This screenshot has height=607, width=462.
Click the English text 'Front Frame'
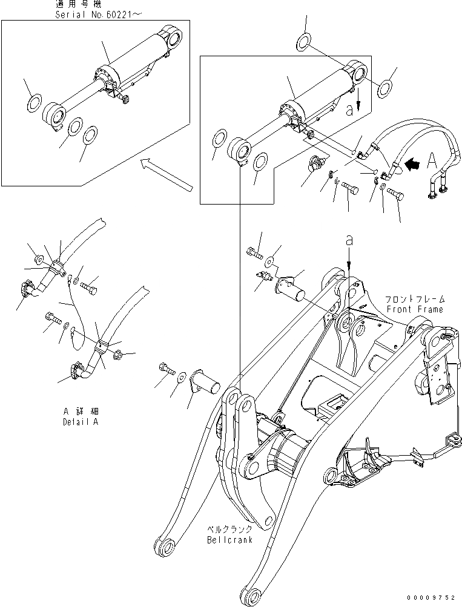pyautogui.click(x=415, y=309)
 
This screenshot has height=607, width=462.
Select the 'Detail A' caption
pyautogui.click(x=80, y=422)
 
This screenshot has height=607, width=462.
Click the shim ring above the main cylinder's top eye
pyautogui.click(x=305, y=42)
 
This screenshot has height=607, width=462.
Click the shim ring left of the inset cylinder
pyautogui.click(x=34, y=103)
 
